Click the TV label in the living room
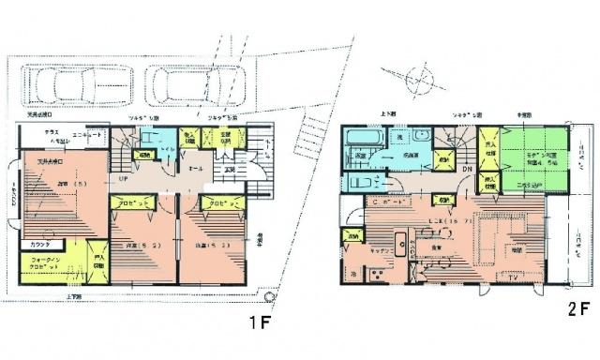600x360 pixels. coord(511,278)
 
